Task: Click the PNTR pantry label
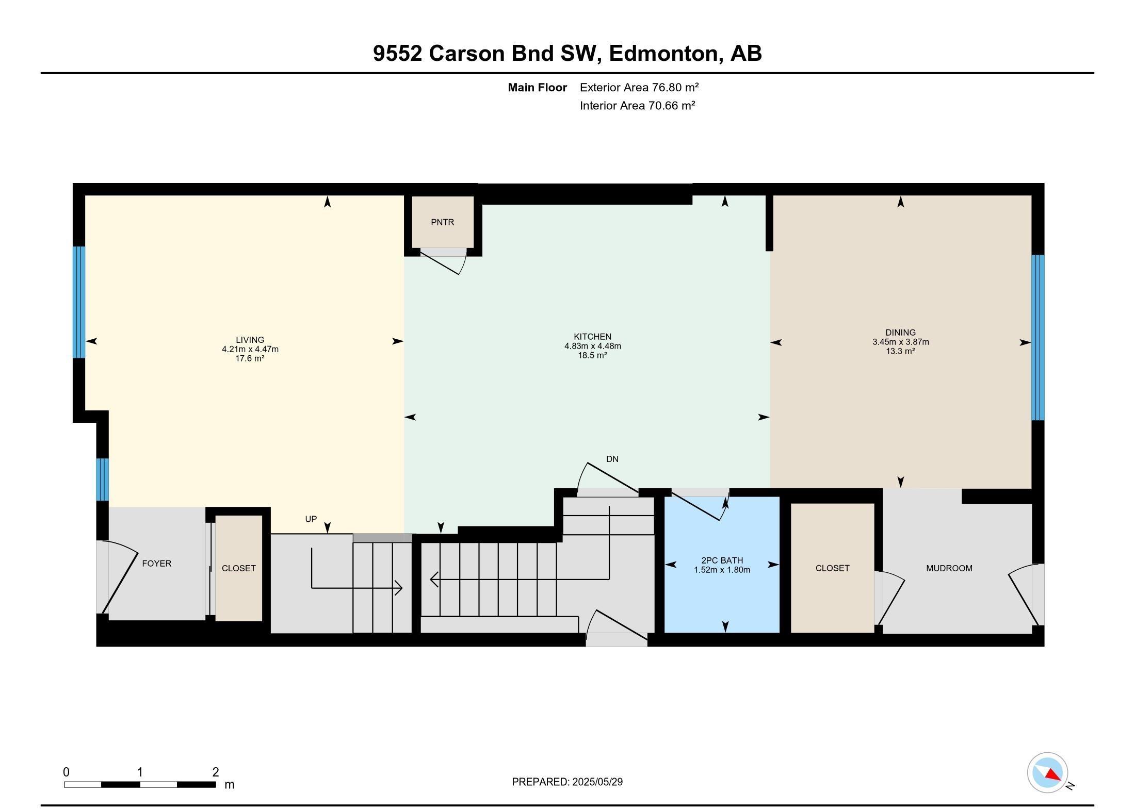(x=442, y=222)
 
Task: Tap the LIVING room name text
(x=250, y=340)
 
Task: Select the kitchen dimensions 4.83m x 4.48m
(x=592, y=346)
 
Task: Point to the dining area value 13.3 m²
(x=900, y=351)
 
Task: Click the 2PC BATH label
(x=722, y=560)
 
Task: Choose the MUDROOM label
(x=949, y=568)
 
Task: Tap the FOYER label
(x=156, y=564)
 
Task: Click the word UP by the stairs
(x=311, y=519)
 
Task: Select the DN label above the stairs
(x=612, y=459)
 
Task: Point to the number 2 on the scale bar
(x=216, y=772)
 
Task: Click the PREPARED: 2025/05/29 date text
(x=567, y=782)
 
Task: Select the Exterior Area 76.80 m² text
(x=639, y=88)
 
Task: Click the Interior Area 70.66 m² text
(x=637, y=106)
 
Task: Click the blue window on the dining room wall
(x=1037, y=338)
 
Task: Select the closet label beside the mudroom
(x=832, y=568)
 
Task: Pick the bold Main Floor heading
(x=537, y=88)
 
